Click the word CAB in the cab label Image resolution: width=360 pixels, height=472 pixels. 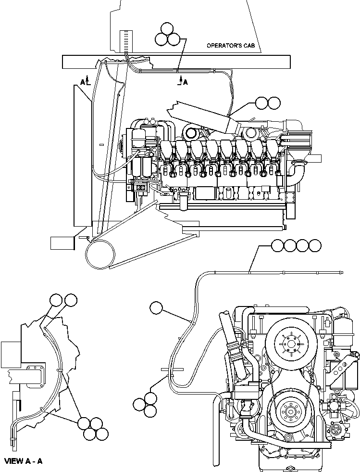(x=251, y=46)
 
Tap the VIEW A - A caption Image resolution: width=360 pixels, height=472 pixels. (x=24, y=461)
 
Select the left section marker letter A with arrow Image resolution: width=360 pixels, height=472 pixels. (x=83, y=82)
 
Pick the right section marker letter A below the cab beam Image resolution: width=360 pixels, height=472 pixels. (x=185, y=82)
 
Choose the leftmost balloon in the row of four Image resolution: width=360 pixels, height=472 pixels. (x=278, y=246)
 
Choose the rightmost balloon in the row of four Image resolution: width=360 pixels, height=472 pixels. (x=315, y=246)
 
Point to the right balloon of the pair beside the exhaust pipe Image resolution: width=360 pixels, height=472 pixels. (x=274, y=102)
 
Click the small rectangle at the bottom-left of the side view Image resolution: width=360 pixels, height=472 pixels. (x=62, y=242)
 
